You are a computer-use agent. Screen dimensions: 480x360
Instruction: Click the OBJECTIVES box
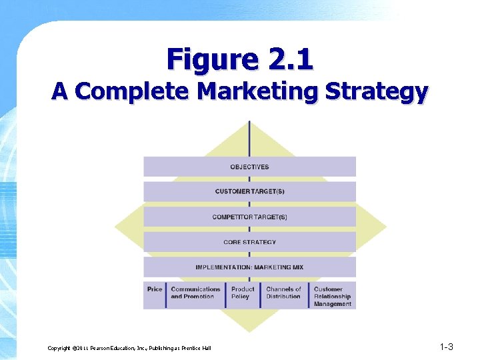click(249, 167)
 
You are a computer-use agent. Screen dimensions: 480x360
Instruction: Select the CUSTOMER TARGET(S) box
click(249, 192)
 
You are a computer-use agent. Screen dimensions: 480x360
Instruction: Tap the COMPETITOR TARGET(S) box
click(249, 217)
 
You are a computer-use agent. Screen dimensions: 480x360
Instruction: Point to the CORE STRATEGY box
click(249, 242)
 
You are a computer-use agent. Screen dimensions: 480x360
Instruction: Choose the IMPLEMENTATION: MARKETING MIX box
click(249, 267)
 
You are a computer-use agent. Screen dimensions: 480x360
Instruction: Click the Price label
click(155, 289)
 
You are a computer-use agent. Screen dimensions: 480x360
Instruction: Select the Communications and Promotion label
click(195, 293)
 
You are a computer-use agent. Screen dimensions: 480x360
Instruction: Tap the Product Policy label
click(243, 293)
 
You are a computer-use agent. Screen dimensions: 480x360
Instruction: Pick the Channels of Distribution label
click(283, 293)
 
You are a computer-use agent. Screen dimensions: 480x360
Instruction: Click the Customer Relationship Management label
click(333, 297)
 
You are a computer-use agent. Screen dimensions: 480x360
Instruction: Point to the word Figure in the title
click(207, 59)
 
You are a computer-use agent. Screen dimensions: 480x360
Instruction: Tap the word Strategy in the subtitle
click(377, 91)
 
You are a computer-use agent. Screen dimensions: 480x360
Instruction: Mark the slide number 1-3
click(447, 347)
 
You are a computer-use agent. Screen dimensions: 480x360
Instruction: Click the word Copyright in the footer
click(61, 348)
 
